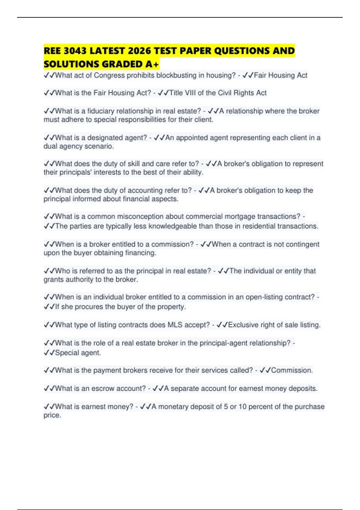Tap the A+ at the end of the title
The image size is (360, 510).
coord(153,64)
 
